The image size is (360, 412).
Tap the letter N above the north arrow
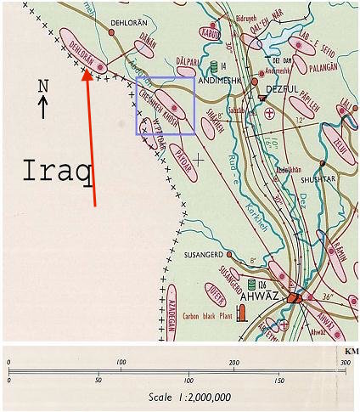(43, 86)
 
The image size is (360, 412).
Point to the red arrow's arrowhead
(86, 75)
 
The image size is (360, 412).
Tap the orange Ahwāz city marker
(294, 298)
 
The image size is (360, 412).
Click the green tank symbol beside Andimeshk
(212, 65)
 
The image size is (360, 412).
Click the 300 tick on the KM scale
(345, 363)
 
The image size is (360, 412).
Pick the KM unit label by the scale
(352, 351)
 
